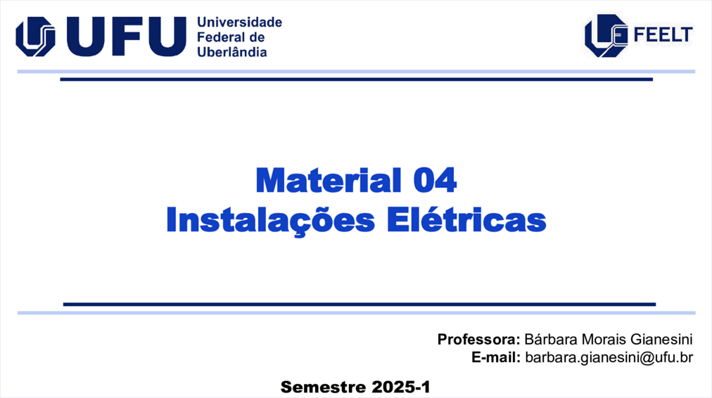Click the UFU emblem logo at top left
click(35, 37)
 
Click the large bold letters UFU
click(126, 37)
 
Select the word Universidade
click(239, 23)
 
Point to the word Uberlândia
click(232, 52)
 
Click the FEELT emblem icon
click(606, 35)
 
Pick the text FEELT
click(663, 35)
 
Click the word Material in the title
click(329, 181)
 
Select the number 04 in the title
click(435, 181)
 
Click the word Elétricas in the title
click(466, 219)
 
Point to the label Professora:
click(478, 340)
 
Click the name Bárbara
click(551, 340)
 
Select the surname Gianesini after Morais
click(661, 340)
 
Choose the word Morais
click(604, 340)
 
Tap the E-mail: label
click(496, 358)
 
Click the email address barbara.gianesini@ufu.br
click(609, 358)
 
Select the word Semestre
click(324, 387)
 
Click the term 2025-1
click(401, 387)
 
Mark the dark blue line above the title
click(357, 79)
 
